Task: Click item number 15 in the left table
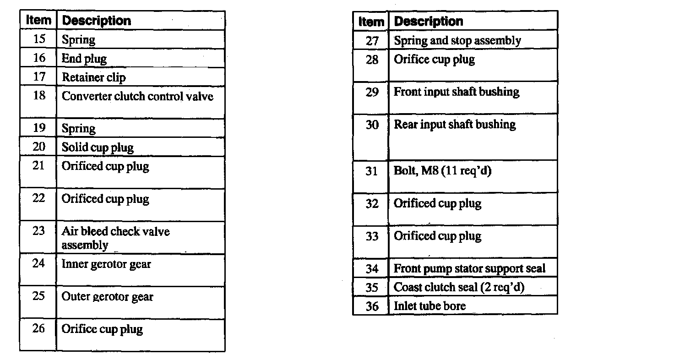(39, 39)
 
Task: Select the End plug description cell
(84, 59)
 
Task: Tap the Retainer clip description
(94, 77)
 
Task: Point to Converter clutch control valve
(137, 96)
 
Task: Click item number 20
(39, 147)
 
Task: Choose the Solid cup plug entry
(98, 147)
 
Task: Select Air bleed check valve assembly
(115, 238)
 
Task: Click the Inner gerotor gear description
(106, 264)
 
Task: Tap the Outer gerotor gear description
(108, 297)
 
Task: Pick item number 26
(39, 328)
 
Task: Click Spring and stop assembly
(457, 41)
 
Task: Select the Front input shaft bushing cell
(457, 92)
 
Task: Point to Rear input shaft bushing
(455, 125)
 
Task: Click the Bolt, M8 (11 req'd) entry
(442, 171)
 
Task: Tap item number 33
(372, 236)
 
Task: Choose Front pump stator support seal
(469, 269)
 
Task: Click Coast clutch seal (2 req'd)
(459, 287)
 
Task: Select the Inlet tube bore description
(429, 306)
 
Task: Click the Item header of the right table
(371, 22)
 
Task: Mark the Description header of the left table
(96, 21)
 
